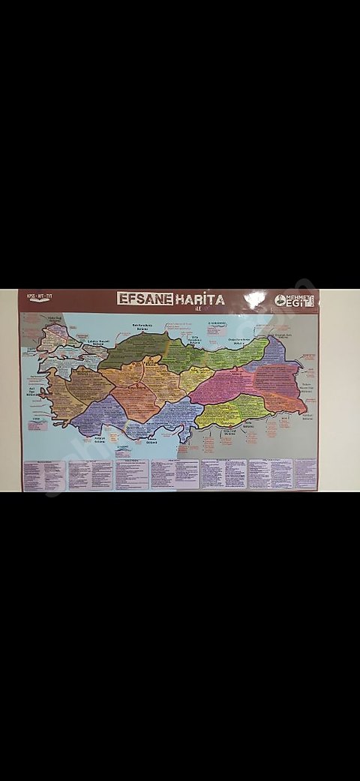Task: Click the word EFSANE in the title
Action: [145, 299]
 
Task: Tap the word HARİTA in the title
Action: [200, 299]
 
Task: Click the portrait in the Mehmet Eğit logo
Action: [280, 300]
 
